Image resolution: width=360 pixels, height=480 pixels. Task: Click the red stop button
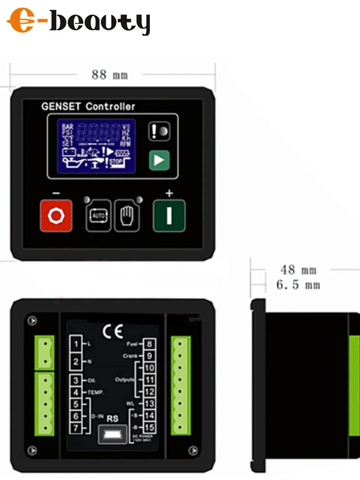pyautogui.click(x=56, y=215)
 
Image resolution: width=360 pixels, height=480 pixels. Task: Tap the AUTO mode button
pyautogui.click(x=98, y=216)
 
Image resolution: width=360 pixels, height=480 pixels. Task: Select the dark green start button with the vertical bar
pyautogui.click(x=169, y=215)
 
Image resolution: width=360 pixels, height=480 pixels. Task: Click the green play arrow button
pyautogui.click(x=159, y=160)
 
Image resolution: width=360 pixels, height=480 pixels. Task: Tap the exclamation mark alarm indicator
pyautogui.click(x=159, y=131)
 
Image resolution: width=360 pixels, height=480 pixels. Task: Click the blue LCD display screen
pyautogui.click(x=96, y=146)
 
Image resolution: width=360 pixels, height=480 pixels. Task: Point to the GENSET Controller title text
pyautogui.click(x=88, y=106)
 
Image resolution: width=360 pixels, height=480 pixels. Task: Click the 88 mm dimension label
pyautogui.click(x=110, y=75)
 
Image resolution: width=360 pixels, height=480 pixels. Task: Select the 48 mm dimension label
pyautogui.click(x=298, y=270)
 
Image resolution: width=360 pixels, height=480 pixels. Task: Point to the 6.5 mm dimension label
pyautogui.click(x=298, y=285)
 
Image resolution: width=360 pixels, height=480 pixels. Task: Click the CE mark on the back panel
pyautogui.click(x=112, y=331)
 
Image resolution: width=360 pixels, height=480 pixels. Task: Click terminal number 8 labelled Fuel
pyautogui.click(x=149, y=344)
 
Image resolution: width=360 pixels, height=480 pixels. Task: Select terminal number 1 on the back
pyautogui.click(x=76, y=344)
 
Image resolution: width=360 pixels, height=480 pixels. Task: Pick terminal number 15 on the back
pyautogui.click(x=149, y=427)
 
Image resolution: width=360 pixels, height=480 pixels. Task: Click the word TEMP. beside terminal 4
pyautogui.click(x=96, y=392)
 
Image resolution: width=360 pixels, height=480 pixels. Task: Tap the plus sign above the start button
pyautogui.click(x=169, y=193)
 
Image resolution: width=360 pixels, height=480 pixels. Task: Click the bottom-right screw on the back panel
pyautogui.click(x=193, y=450)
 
